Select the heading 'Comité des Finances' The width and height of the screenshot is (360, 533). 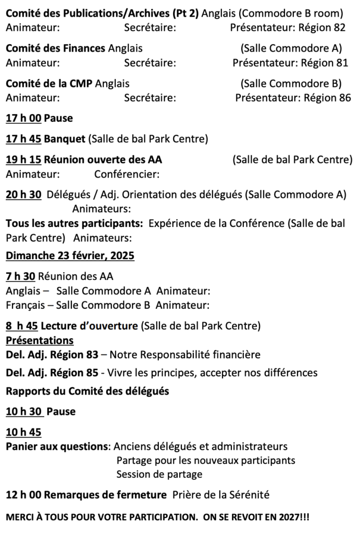pyautogui.click(x=55, y=48)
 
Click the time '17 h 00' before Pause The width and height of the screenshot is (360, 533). pyautogui.click(x=23, y=118)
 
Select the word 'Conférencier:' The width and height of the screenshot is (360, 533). pyautogui.click(x=127, y=174)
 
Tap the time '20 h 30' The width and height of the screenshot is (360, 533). pyautogui.click(x=23, y=195)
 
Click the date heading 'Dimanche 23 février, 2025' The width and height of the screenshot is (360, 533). pyautogui.click(x=70, y=256)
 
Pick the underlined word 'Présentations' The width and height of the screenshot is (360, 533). pyautogui.click(x=39, y=341)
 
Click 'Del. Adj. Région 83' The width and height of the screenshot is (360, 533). pyautogui.click(x=52, y=355)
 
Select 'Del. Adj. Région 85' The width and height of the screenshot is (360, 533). pyautogui.click(x=52, y=373)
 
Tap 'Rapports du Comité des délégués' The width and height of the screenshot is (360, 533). pyautogui.click(x=87, y=391)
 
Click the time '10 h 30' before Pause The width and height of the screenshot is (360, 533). pyautogui.click(x=24, y=412)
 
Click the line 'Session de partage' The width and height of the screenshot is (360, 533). pyautogui.click(x=159, y=474)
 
